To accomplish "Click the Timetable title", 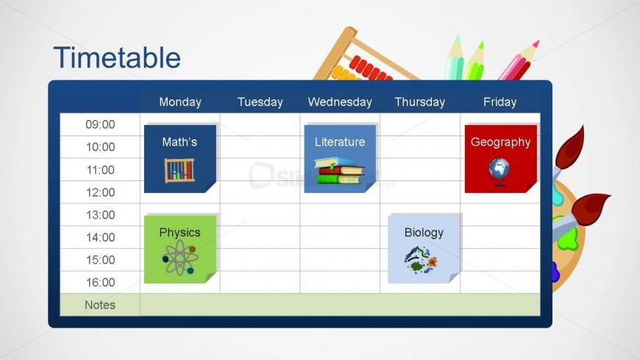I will click(117, 57).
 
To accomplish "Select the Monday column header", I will click(179, 102).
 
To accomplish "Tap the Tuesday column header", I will click(260, 102).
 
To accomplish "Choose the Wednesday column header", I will click(339, 102).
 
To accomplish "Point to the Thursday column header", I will click(419, 102).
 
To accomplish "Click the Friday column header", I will click(499, 102).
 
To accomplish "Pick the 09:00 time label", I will click(100, 124).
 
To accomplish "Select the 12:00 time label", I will click(100, 192).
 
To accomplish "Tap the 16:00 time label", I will click(100, 282).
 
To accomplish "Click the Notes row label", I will click(100, 305).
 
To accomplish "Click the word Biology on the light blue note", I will click(424, 233).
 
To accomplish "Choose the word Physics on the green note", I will click(179, 233).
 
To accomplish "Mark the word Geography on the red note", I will click(500, 142).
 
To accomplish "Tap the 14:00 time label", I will click(100, 237).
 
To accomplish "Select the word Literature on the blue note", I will click(340, 142).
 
